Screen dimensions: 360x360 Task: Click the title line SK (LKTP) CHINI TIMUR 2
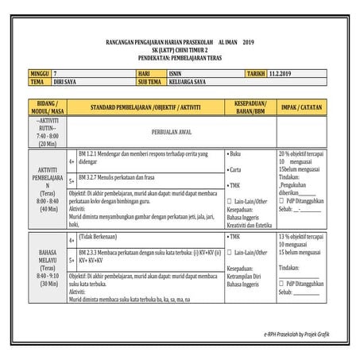(180, 49)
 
